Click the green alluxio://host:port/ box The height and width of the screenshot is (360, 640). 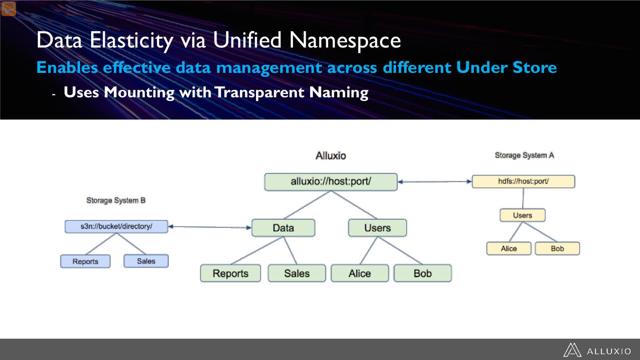[x=331, y=182]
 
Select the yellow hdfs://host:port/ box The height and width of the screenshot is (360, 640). [x=523, y=181]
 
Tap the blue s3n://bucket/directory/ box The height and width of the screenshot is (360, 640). [x=116, y=226]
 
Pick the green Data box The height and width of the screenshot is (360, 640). [x=283, y=228]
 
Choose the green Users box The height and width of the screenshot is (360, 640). [x=377, y=228]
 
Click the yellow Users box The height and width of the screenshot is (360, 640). [x=522, y=215]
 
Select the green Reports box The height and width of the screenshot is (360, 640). [x=230, y=273]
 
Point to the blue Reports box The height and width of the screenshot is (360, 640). [x=85, y=261]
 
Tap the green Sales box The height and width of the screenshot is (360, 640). [x=296, y=273]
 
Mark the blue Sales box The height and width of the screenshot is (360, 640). [x=146, y=261]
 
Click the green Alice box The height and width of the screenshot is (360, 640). [x=360, y=273]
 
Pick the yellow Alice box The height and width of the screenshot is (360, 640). [x=509, y=248]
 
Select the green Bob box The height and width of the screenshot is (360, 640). [x=422, y=273]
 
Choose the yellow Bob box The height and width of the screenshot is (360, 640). [x=557, y=248]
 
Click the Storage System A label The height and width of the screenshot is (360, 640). [x=524, y=155]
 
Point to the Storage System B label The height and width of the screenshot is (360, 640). [x=116, y=200]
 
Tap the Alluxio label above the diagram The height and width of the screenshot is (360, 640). [x=331, y=156]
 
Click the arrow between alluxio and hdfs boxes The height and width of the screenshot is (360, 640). [x=435, y=181]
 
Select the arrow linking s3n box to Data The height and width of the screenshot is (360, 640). [x=210, y=227]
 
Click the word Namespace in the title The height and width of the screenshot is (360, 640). [x=345, y=40]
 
